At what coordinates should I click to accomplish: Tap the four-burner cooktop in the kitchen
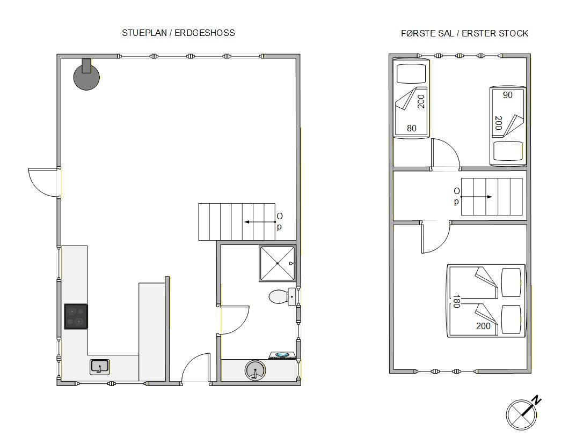tap(76, 316)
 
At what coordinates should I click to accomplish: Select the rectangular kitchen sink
tap(100, 367)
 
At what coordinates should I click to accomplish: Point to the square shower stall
tap(278, 263)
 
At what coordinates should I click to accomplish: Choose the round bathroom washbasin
tap(254, 370)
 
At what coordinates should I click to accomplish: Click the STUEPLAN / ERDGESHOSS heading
tap(178, 33)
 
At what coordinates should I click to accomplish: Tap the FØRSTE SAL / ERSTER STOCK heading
tap(464, 33)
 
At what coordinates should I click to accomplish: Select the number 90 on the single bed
tap(507, 95)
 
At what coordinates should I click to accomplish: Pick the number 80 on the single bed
tap(411, 128)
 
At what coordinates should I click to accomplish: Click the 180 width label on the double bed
tap(456, 301)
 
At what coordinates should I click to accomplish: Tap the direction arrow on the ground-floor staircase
tap(260, 222)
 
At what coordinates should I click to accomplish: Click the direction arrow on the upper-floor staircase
tap(476, 197)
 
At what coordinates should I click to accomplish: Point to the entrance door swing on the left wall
tap(45, 183)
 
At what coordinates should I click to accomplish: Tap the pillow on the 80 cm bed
tap(411, 74)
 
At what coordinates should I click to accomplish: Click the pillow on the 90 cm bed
tap(508, 151)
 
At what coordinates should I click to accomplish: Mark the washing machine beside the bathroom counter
tap(282, 355)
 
